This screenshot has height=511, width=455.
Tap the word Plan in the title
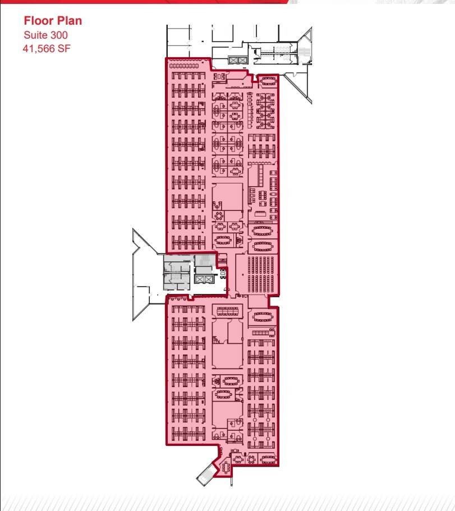click(x=68, y=21)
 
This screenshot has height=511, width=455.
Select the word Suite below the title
click(x=36, y=35)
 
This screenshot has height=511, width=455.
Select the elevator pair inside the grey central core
click(x=203, y=279)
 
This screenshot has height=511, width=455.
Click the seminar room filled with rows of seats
click(x=257, y=274)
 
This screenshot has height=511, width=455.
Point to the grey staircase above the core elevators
click(x=205, y=260)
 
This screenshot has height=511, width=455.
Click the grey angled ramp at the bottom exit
click(x=205, y=474)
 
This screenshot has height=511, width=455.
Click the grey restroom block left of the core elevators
click(x=176, y=274)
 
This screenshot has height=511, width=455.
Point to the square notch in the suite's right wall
click(x=275, y=301)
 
